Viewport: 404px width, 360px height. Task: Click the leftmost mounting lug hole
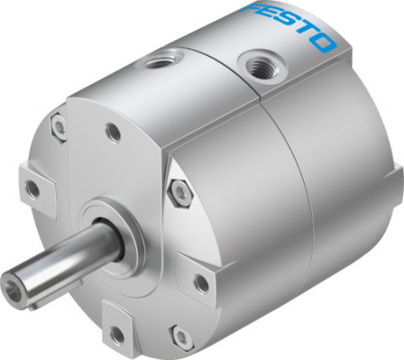pos(33,189)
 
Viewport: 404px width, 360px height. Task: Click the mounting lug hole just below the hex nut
pos(200,282)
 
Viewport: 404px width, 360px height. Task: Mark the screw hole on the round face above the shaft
pos(114,133)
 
